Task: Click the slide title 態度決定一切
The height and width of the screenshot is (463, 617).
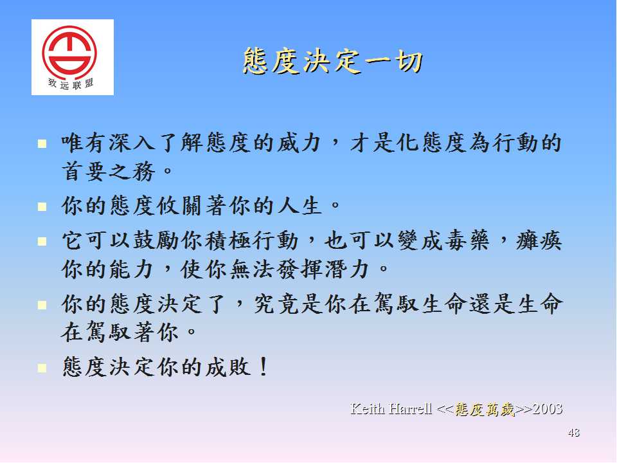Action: click(x=332, y=62)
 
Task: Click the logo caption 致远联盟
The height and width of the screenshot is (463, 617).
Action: click(x=71, y=84)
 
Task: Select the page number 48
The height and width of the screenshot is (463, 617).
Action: click(x=573, y=433)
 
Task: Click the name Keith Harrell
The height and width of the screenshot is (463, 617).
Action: click(x=391, y=409)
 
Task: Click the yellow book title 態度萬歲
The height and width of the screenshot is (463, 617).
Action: click(x=485, y=410)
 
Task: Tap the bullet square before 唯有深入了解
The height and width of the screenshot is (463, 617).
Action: click(x=42, y=143)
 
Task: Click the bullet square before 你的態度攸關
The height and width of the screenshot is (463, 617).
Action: click(x=42, y=206)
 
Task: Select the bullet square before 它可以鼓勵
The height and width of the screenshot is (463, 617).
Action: click(x=42, y=241)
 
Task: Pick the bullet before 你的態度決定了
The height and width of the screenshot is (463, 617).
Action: click(x=42, y=305)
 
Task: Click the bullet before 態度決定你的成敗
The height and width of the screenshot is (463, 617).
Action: click(x=42, y=368)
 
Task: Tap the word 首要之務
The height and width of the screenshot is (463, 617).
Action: click(x=109, y=172)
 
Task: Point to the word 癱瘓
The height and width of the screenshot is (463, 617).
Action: click(x=539, y=240)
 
